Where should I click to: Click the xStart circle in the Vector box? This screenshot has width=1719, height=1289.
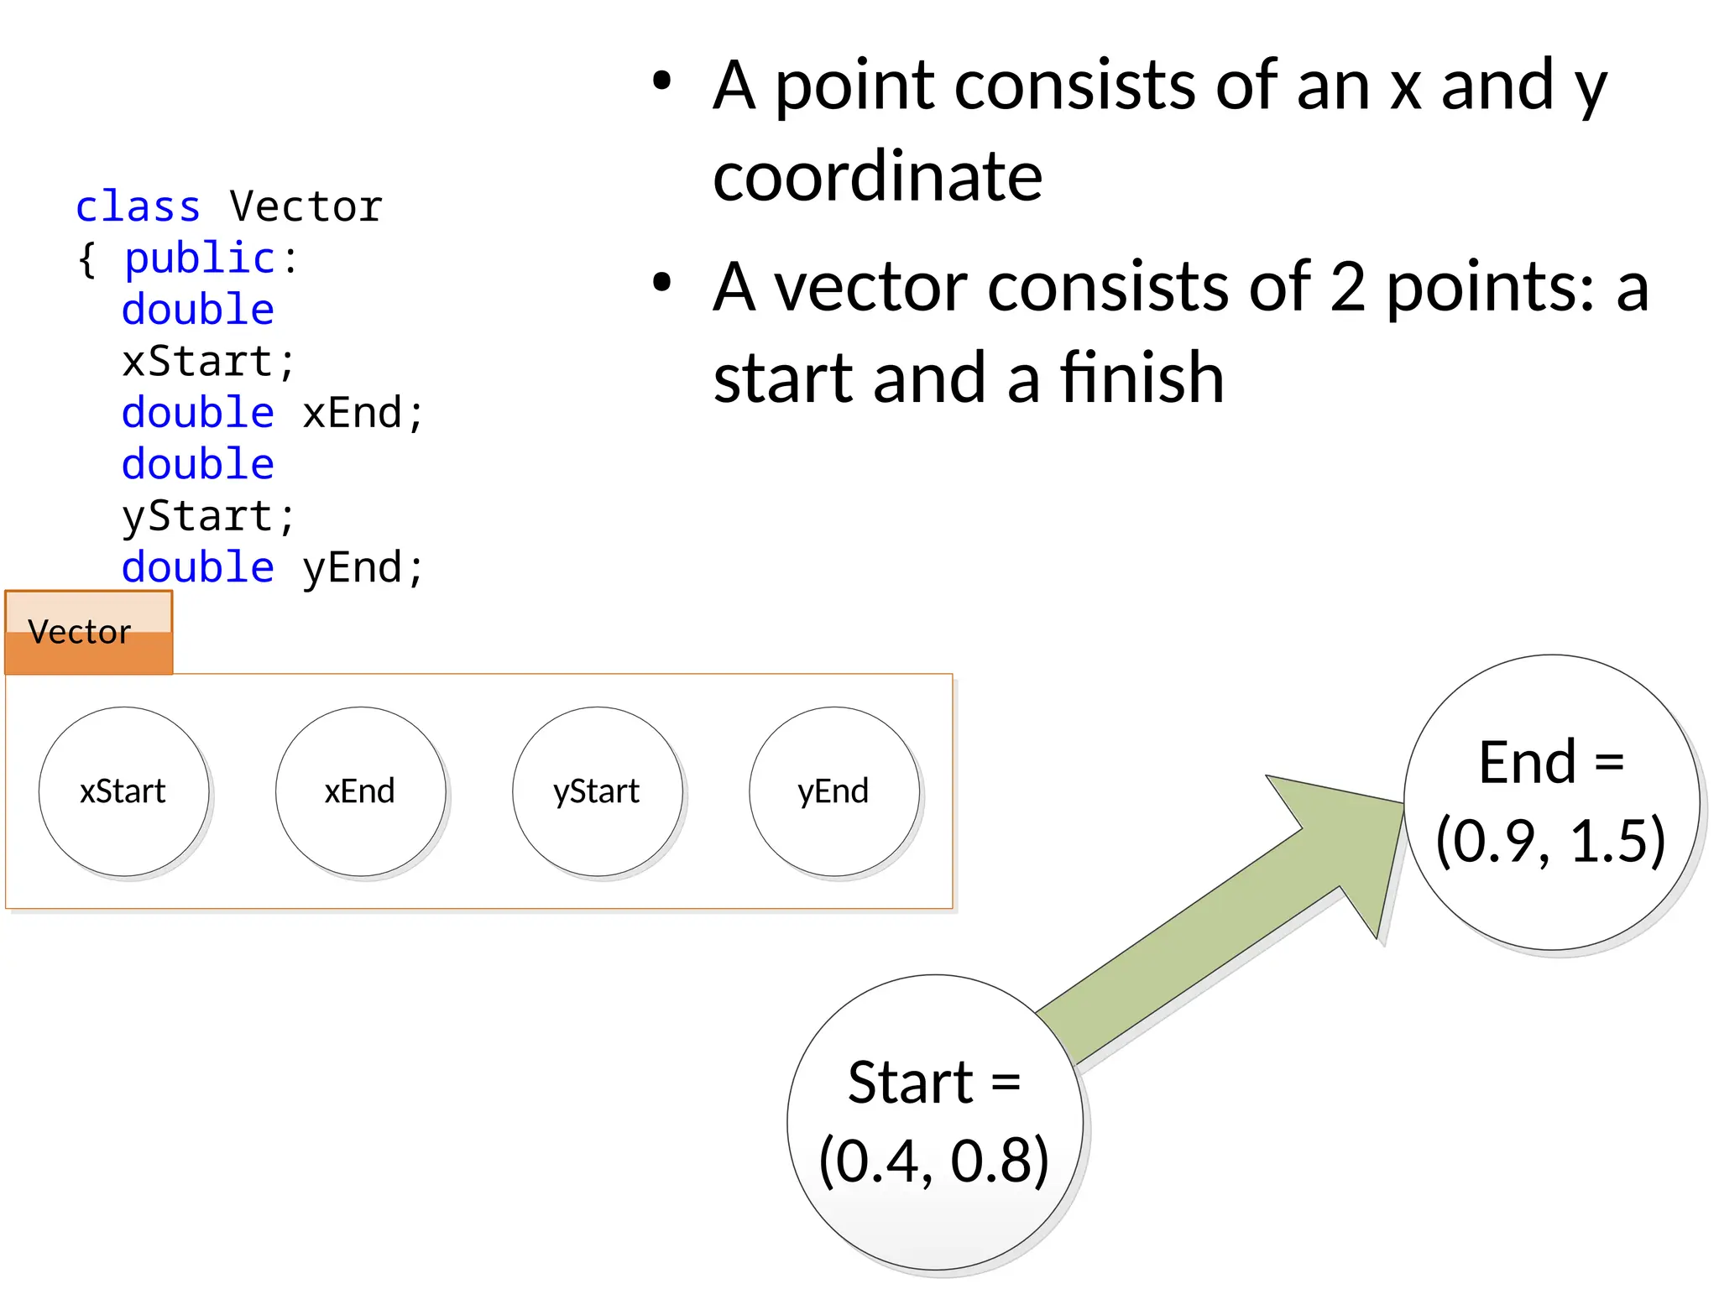click(123, 791)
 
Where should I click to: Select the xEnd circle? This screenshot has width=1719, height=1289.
click(360, 791)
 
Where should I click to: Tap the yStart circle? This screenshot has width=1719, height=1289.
click(597, 791)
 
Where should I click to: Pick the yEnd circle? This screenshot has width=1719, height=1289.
click(833, 791)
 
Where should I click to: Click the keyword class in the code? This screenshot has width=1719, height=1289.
click(138, 206)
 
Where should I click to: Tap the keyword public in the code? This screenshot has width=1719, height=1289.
click(200, 258)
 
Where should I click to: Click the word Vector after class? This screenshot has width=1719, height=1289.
click(306, 206)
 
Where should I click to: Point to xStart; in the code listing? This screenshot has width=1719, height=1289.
click(208, 362)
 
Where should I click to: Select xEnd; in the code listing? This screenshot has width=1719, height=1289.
click(363, 413)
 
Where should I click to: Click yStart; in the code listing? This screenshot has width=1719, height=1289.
click(208, 516)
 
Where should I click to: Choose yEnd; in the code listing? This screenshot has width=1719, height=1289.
click(363, 568)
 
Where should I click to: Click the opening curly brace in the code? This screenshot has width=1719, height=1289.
click(86, 258)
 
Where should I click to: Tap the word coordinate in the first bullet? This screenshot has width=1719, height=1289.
click(877, 176)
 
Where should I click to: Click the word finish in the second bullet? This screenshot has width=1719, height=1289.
click(1142, 378)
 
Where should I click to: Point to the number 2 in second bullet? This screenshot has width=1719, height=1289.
click(1347, 287)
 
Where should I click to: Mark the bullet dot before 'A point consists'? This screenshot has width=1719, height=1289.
click(662, 81)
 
